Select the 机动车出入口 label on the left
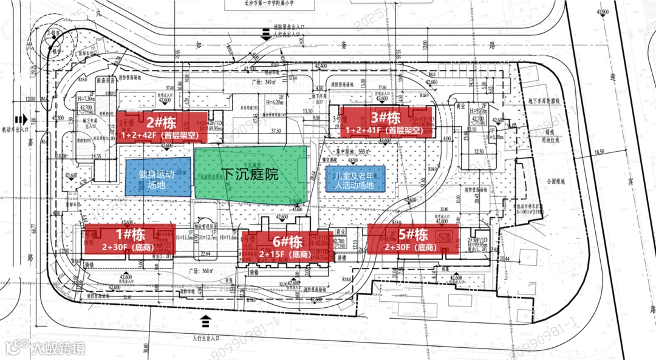click(11, 129)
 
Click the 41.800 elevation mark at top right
click(603, 12)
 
